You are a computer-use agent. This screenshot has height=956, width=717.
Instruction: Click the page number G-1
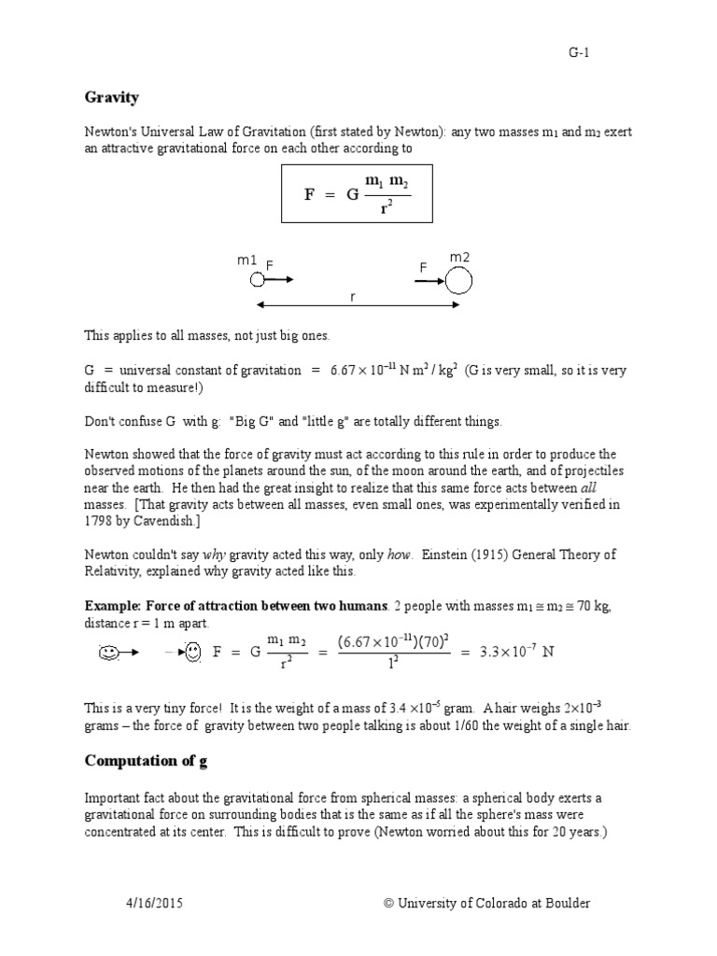(x=579, y=53)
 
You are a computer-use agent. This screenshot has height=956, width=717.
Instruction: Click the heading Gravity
(x=112, y=98)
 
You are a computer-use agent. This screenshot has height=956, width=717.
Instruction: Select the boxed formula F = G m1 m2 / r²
(x=358, y=193)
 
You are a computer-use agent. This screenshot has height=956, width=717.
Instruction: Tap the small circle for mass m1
(x=245, y=278)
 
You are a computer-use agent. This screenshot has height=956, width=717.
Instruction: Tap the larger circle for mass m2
(x=457, y=279)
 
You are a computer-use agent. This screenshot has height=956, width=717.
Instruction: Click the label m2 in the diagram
(x=459, y=257)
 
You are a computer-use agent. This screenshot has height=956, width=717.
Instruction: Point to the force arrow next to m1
(x=277, y=278)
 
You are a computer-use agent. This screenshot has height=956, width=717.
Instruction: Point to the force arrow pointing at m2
(x=429, y=279)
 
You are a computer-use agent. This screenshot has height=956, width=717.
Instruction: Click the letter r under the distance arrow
(x=353, y=296)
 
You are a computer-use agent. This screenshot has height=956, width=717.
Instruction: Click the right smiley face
(x=192, y=653)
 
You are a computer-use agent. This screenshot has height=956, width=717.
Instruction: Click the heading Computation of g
(x=147, y=761)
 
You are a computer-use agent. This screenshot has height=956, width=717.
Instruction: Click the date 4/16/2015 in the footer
(x=157, y=904)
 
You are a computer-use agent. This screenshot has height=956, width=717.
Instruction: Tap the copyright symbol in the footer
(x=389, y=904)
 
